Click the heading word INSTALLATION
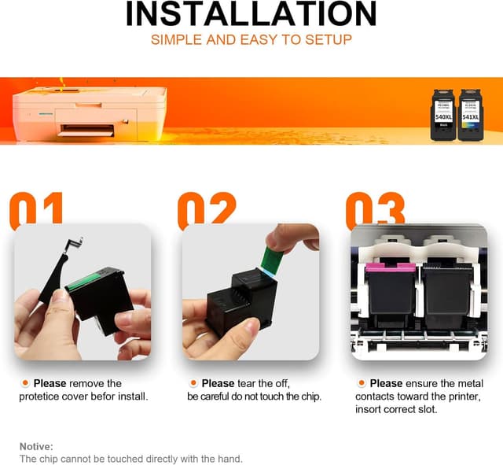click(x=251, y=13)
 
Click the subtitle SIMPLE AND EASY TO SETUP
click(x=251, y=39)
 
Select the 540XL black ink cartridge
click(x=443, y=115)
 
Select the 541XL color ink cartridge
click(x=470, y=115)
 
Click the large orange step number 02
click(x=206, y=209)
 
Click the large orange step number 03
click(x=375, y=209)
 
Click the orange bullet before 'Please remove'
click(x=25, y=383)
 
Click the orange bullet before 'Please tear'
click(x=193, y=383)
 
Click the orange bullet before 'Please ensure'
click(x=362, y=383)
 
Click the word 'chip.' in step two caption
click(x=309, y=397)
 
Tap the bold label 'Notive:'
click(x=36, y=445)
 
